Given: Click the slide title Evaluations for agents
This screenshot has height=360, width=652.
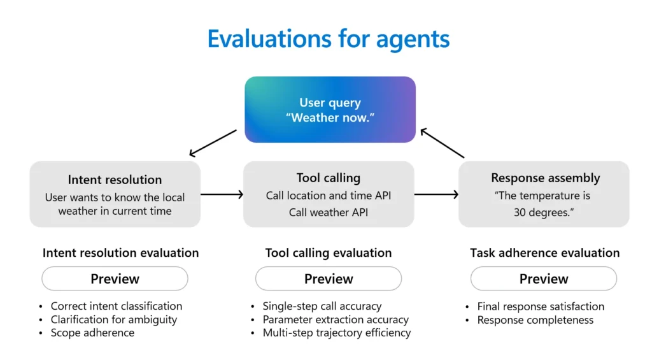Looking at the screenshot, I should point(329,38).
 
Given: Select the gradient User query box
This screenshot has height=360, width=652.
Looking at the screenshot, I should point(330,110).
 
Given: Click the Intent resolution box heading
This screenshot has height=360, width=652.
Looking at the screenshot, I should point(115,180).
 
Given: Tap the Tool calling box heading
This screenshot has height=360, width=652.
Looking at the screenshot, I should point(329,178).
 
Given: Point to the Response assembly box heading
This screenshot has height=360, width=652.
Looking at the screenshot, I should point(545,178).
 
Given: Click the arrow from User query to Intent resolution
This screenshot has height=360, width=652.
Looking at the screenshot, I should point(213,143).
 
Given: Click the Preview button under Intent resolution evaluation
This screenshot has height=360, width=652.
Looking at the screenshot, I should point(115,278).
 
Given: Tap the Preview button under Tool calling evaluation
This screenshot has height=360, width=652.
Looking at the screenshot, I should point(329,278).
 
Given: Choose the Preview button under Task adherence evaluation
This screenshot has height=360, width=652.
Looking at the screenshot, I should point(544,278).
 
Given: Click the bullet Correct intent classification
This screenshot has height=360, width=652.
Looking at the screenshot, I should point(117,306).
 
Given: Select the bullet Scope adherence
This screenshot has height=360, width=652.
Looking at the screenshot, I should point(92,333).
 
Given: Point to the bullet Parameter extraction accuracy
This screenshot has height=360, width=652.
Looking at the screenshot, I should point(336,319).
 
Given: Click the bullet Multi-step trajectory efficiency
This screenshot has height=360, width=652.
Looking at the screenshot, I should point(337,333).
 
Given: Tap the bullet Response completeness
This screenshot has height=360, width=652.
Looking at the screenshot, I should point(535,320).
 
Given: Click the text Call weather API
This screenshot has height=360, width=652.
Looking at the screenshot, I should point(329,212).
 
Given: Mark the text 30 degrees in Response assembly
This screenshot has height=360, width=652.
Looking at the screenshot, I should point(544,212).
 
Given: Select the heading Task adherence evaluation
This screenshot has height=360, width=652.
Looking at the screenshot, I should point(544,253).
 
